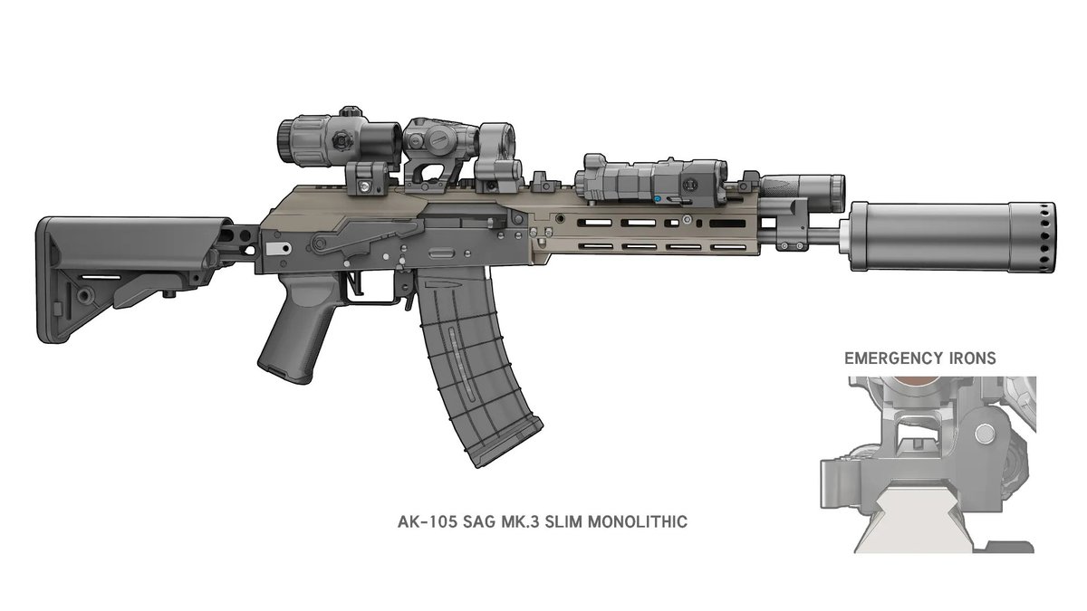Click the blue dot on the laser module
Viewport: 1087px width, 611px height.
(x=658, y=199)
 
